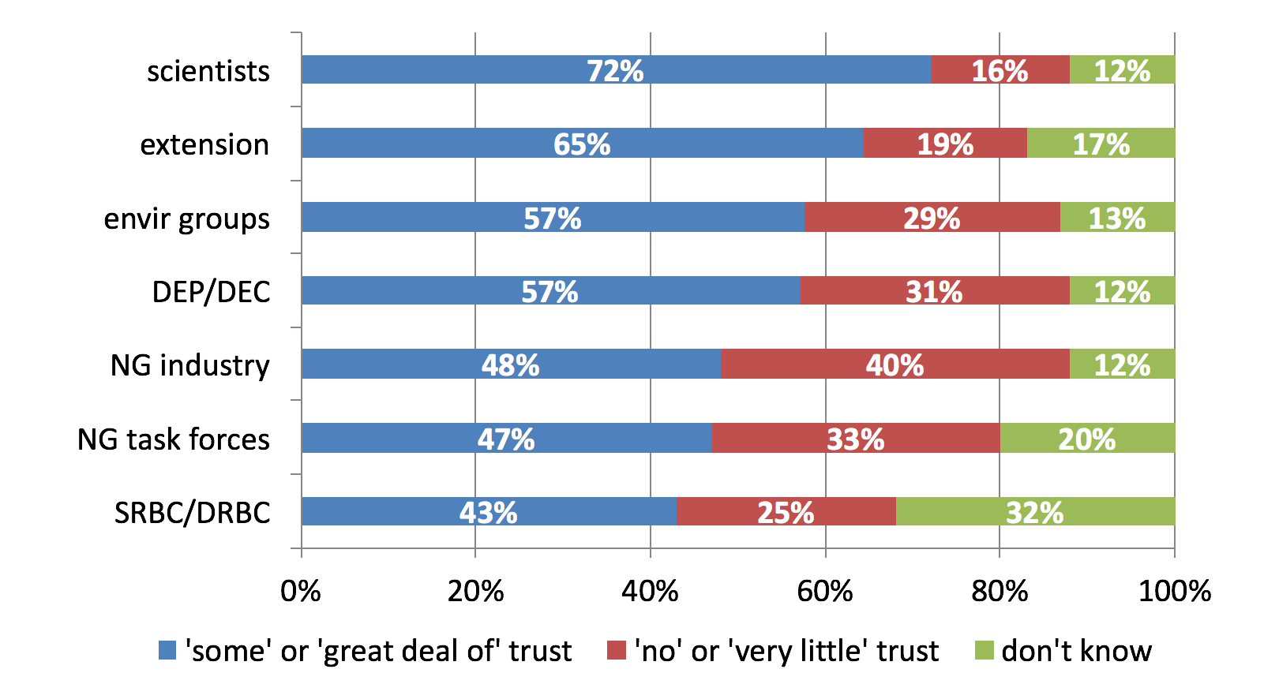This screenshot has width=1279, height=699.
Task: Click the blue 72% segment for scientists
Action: point(616,70)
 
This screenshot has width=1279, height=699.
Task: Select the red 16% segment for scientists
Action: point(1000,70)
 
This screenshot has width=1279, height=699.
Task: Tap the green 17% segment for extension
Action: point(1101,144)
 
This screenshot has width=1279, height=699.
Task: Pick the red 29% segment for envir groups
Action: point(932,217)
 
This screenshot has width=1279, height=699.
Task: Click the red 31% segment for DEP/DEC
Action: point(934,291)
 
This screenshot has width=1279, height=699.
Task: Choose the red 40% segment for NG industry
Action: point(895,364)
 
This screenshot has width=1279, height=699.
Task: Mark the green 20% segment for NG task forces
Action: point(1086,438)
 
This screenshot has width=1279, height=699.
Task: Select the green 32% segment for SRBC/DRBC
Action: point(1034,512)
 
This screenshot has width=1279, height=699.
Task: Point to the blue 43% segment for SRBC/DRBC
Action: point(489,512)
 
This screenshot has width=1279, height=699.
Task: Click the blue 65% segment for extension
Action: point(582,144)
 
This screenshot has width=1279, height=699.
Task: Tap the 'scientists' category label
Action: point(208,71)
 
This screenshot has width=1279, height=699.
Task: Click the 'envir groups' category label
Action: point(186,219)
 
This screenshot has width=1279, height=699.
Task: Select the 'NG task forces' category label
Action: point(174,439)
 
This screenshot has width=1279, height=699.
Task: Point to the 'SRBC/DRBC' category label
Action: point(193,513)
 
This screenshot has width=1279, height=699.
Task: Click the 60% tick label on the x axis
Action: point(825,591)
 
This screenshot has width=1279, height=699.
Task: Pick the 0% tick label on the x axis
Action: point(301,591)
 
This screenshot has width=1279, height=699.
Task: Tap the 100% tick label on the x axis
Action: point(1174,591)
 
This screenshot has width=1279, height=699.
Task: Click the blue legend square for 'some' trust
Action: point(167,650)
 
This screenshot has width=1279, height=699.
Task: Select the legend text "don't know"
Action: point(1076,651)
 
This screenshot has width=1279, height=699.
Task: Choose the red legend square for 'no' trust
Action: point(616,650)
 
